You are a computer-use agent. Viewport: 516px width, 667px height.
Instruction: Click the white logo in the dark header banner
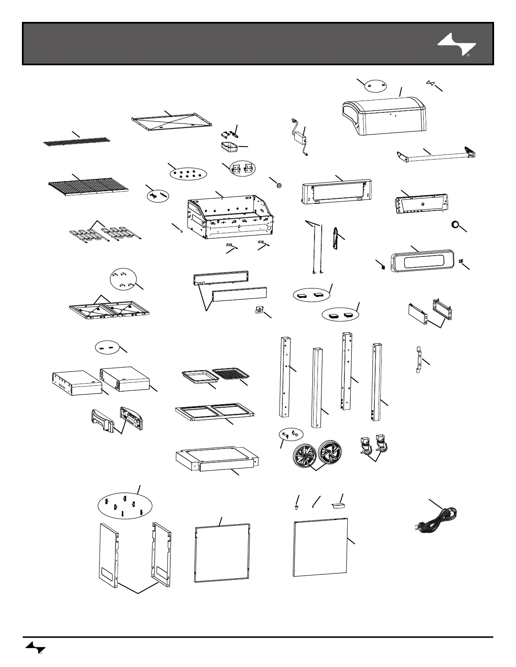[x=457, y=45]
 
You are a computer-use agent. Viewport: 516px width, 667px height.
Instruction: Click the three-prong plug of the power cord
[x=417, y=526]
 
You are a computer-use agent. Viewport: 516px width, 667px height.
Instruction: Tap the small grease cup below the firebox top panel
[x=229, y=148]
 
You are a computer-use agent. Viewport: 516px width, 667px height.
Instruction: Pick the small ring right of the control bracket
[x=456, y=225]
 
